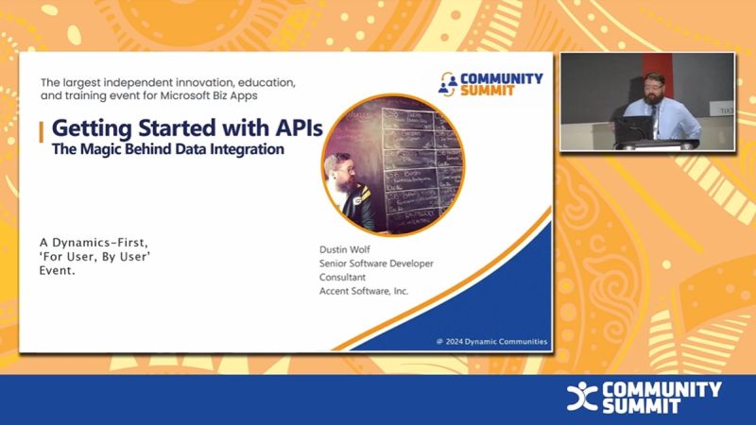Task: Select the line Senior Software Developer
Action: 376,263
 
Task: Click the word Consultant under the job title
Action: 344,277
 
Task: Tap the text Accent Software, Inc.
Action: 364,291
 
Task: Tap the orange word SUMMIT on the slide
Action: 490,91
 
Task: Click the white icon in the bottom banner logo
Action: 581,397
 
